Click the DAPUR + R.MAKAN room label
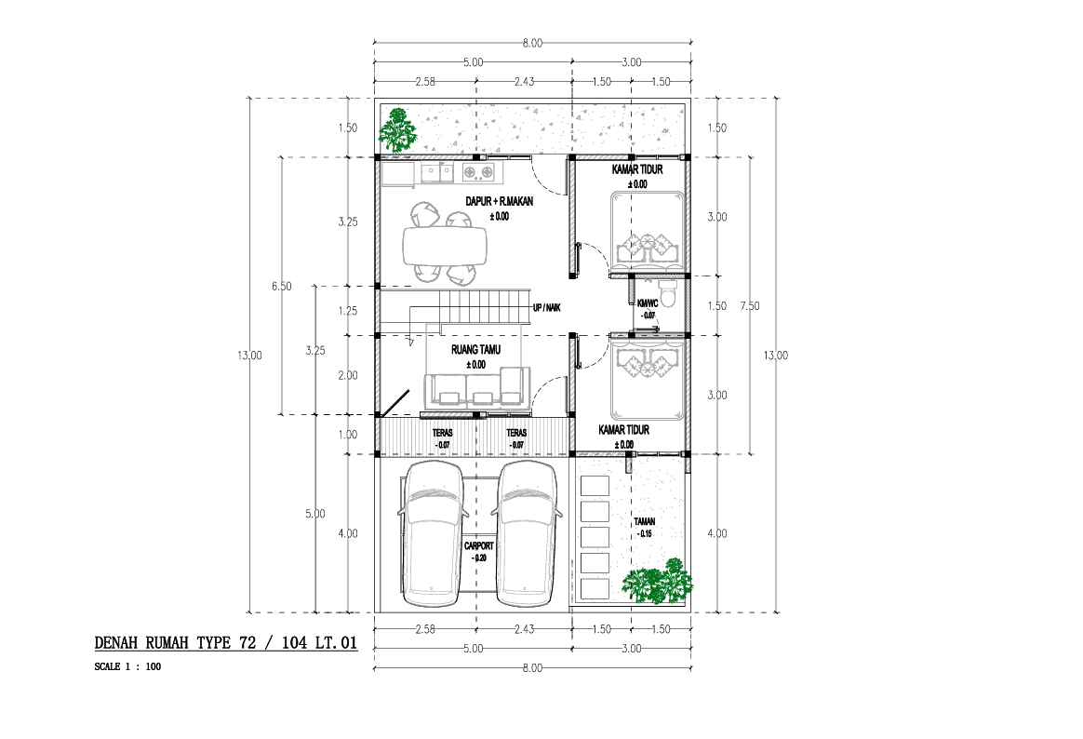click(499, 202)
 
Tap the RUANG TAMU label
click(475, 349)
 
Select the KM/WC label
click(648, 303)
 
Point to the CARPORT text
click(478, 545)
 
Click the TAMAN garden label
click(645, 521)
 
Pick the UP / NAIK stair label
click(546, 307)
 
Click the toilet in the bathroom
click(668, 293)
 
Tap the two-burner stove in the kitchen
click(478, 171)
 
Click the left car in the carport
click(433, 534)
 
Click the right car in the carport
click(527, 534)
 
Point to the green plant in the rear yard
click(398, 130)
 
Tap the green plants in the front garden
click(657, 582)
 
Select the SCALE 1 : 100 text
click(127, 666)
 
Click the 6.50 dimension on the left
click(282, 286)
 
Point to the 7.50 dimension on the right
click(749, 306)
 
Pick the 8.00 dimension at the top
click(532, 43)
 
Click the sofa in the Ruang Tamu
click(476, 388)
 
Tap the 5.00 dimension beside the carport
click(315, 514)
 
